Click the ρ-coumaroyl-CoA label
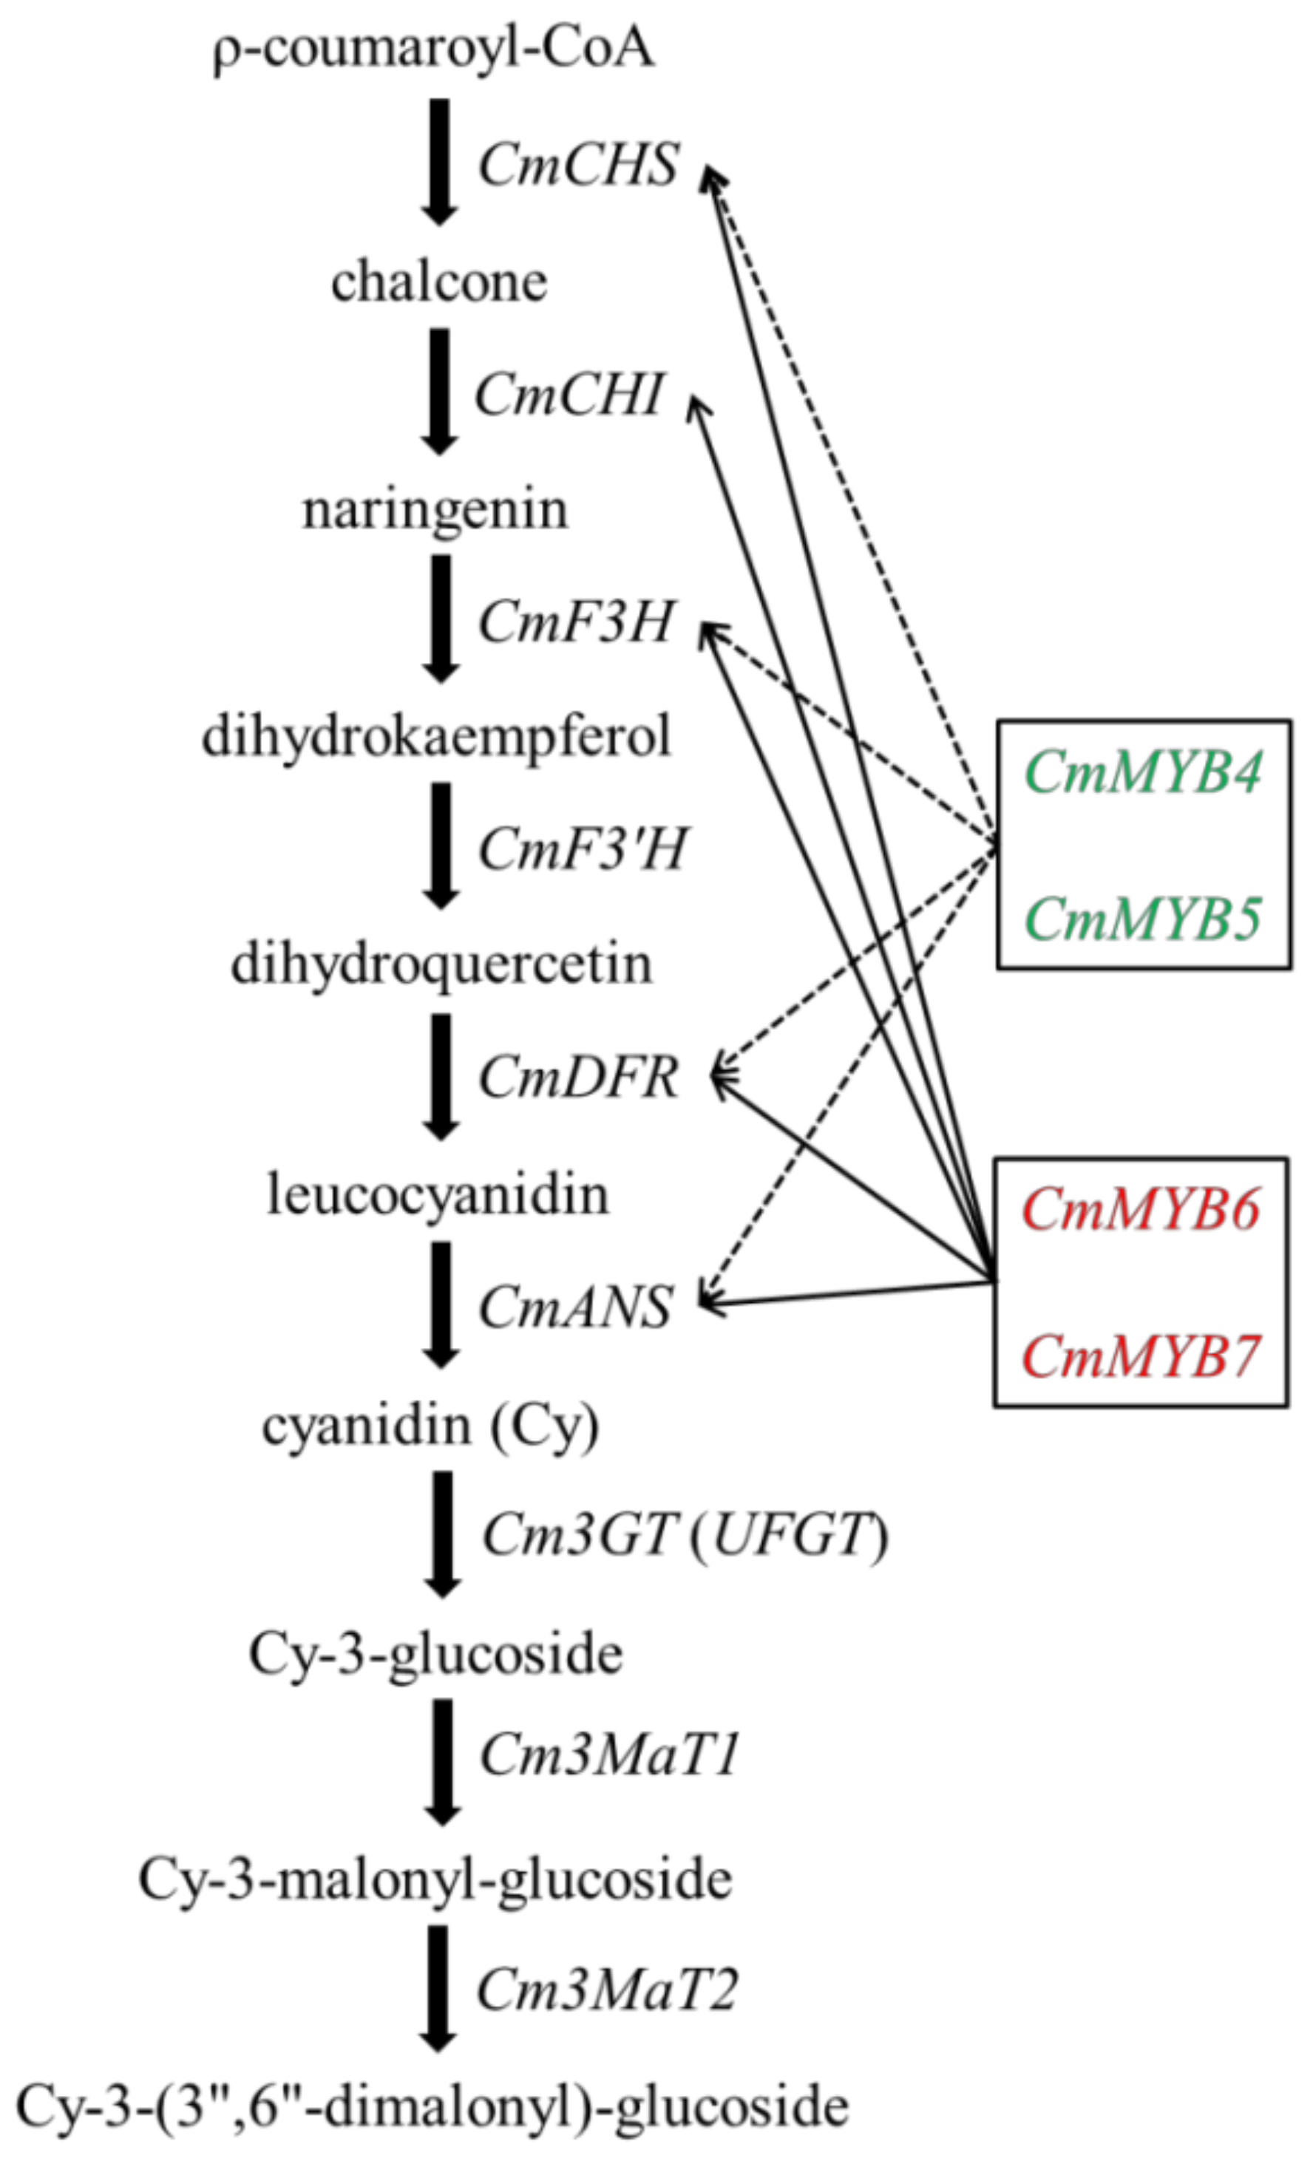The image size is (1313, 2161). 434,50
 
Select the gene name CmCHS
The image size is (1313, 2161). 579,164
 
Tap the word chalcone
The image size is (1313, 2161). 438,282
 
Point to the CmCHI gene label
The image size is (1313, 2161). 569,394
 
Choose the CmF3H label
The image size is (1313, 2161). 575,622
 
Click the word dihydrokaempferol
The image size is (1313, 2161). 437,737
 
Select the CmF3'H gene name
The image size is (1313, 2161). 582,850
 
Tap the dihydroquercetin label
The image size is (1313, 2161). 441,964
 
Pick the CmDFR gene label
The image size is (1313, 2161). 579,1078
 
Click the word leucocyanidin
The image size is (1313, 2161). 438,1194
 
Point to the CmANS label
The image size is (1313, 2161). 575,1307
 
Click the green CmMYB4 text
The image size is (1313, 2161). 1143,772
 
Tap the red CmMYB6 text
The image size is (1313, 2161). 1141,1209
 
